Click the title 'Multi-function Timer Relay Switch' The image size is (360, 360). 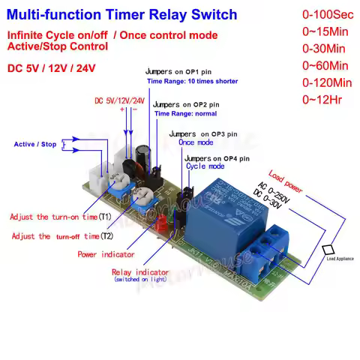pos(122,15)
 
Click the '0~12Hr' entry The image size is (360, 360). pos(322,99)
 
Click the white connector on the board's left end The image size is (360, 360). pos(95,174)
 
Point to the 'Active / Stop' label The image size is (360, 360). pos(35,144)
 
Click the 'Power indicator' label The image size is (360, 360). pos(106,254)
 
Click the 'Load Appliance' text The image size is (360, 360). pos(340,259)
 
